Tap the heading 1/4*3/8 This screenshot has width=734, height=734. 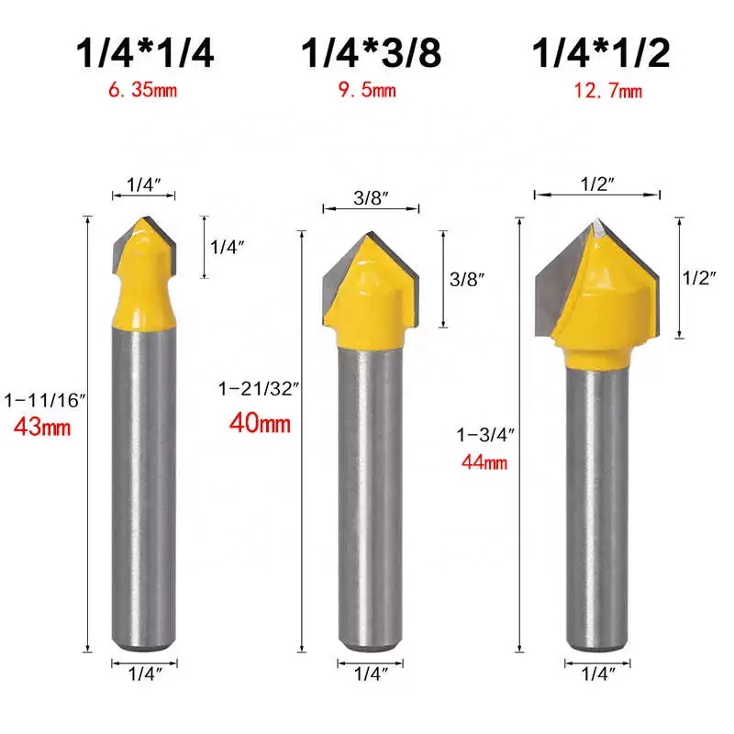[372, 53]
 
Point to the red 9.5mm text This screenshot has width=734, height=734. [372, 90]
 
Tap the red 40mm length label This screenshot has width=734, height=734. [261, 423]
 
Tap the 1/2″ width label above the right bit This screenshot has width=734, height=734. [597, 183]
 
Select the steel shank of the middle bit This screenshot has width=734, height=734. [371, 495]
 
